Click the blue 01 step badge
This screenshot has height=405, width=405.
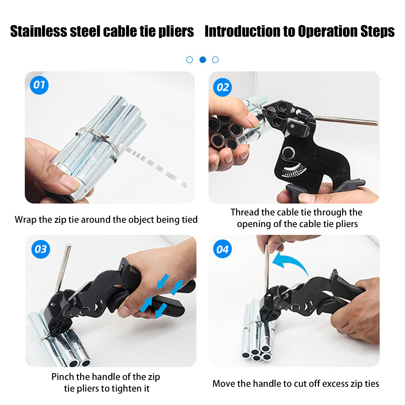[39, 85]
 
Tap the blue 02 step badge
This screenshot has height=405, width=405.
[222, 87]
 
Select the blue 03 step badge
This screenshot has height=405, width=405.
[41, 249]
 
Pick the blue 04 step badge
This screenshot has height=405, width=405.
[222, 249]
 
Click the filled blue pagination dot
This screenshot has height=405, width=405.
[203, 60]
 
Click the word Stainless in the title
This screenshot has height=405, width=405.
[39, 31]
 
